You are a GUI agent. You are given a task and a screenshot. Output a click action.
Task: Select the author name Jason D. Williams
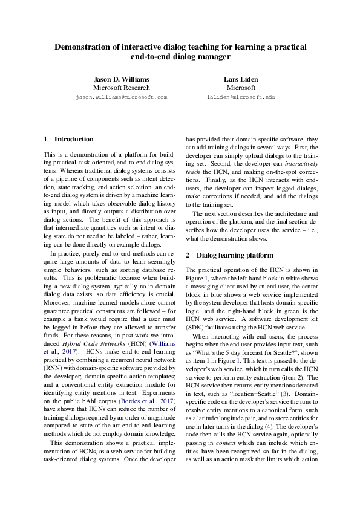coord(121,79)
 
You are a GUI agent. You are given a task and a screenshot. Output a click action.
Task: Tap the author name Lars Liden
coord(240,79)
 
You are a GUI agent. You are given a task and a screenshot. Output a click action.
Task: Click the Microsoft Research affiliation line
coord(121,88)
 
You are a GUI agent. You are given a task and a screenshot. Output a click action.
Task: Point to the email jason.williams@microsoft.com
coord(121,97)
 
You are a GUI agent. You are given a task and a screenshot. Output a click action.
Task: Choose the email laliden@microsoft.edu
coord(240,97)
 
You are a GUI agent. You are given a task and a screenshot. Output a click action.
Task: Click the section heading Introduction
coord(74,139)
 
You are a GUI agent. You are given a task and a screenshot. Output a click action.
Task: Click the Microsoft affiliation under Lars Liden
coord(240,88)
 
